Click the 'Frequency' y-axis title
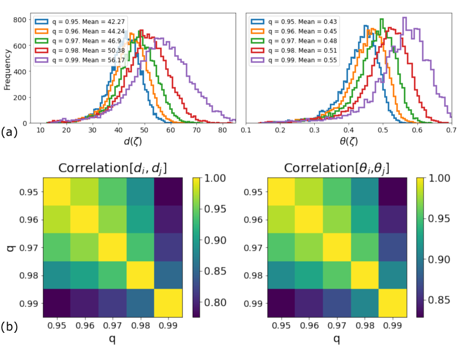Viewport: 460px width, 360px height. [x=8, y=69]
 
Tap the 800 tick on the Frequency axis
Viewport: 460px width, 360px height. [x=21, y=19]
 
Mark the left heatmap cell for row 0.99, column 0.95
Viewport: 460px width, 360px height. [x=57, y=303]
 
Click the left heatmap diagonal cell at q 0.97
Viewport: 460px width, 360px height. [x=113, y=247]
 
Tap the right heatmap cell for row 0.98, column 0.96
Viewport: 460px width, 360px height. [x=309, y=276]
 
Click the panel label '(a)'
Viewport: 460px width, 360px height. [x=9, y=133]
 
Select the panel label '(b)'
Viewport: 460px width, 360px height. [x=9, y=327]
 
